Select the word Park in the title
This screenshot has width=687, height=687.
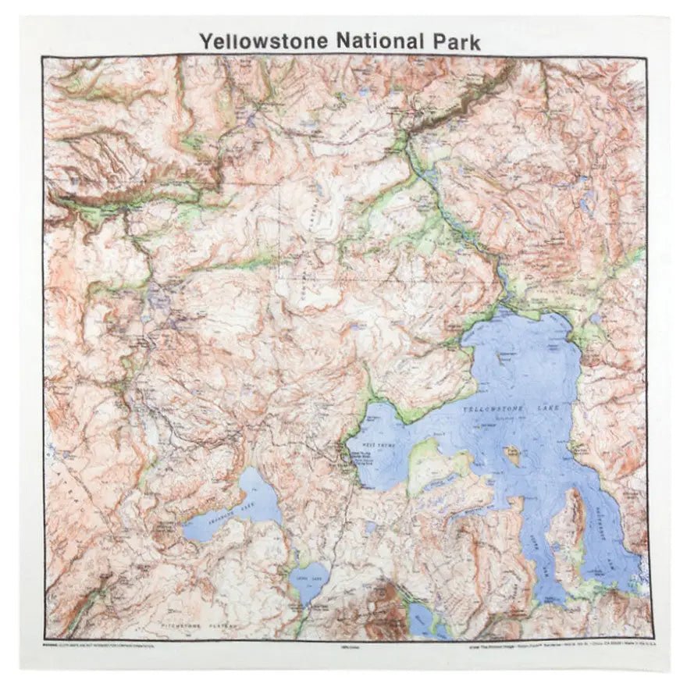(x=454, y=41)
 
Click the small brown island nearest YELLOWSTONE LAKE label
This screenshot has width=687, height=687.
(x=513, y=454)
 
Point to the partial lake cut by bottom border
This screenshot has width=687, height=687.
(x=424, y=621)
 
